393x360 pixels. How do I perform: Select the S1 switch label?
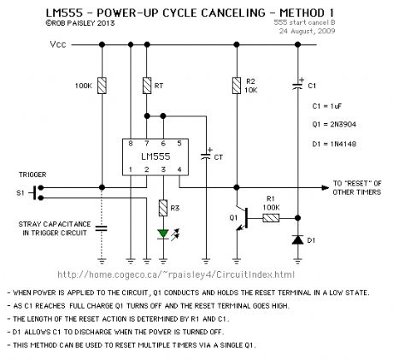click(20, 194)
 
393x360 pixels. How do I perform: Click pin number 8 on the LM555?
click(131, 144)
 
